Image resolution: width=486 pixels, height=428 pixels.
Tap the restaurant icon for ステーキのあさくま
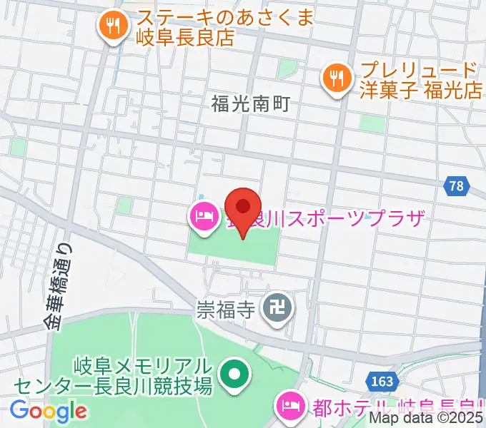113,27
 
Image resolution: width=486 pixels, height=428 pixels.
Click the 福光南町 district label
250,104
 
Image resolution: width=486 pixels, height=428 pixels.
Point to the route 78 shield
457,187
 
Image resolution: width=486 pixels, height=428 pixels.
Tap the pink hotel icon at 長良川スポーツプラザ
203,216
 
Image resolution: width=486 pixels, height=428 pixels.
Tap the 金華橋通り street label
62,286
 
